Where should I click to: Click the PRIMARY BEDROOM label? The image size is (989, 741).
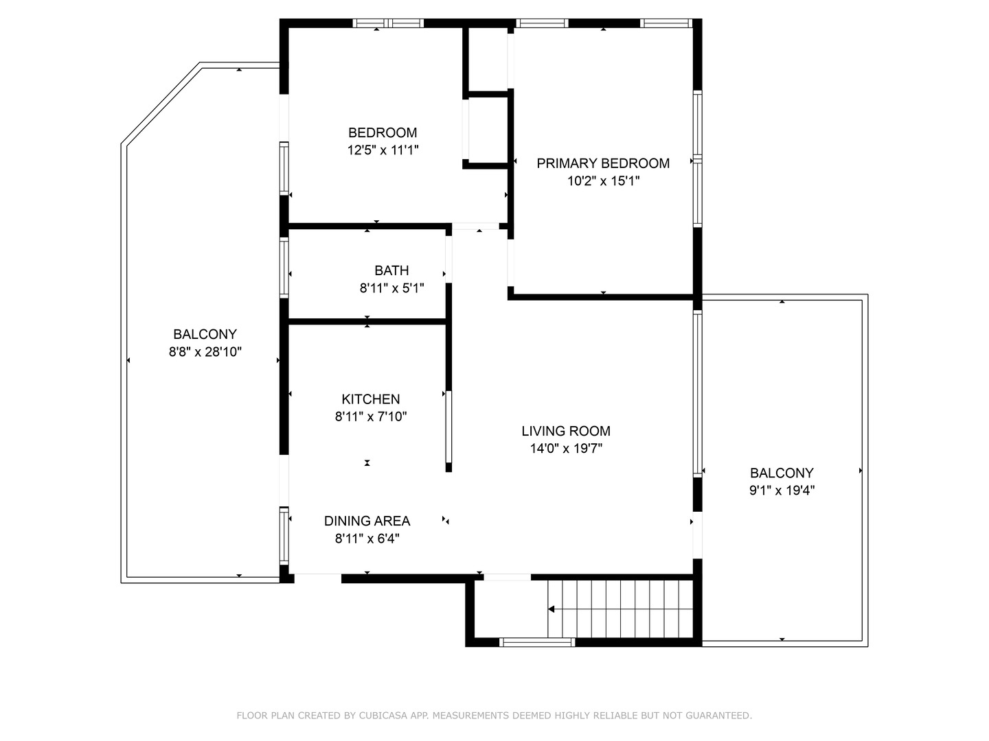(602, 163)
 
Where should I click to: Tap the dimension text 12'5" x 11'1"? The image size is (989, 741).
(383, 150)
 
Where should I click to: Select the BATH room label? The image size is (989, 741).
(391, 271)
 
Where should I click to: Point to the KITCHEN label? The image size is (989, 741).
(370, 399)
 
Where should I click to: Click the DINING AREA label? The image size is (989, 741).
(367, 521)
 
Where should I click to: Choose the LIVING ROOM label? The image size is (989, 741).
(565, 431)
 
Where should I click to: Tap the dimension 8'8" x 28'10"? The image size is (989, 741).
(205, 352)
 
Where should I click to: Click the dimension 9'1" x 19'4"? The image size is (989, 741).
(782, 491)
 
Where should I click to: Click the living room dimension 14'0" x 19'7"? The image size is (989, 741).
(565, 449)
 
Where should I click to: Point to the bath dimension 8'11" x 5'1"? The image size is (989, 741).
(391, 289)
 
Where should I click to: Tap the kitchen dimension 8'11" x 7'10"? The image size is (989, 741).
(370, 416)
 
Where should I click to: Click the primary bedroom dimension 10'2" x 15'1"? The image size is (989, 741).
(602, 181)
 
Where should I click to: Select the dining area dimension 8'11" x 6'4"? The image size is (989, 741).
(367, 539)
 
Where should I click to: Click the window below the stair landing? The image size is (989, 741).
(536, 643)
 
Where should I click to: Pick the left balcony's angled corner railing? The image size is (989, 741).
(161, 103)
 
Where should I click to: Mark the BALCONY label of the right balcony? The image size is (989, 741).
(782, 473)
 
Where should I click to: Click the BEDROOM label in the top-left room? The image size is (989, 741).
(383, 132)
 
